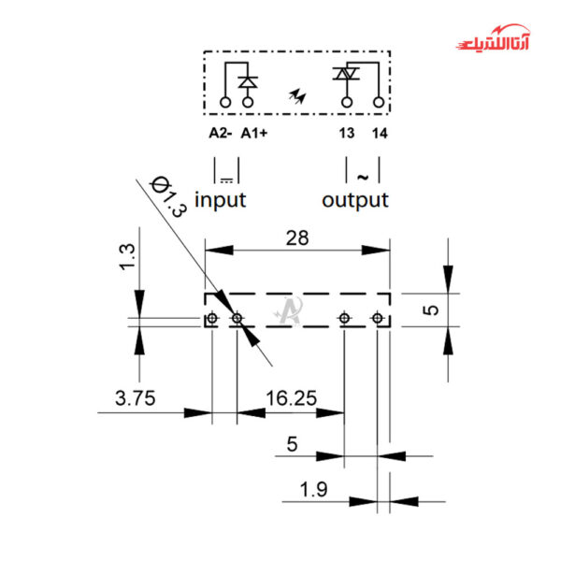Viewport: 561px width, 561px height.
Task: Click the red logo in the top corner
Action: click(x=493, y=38)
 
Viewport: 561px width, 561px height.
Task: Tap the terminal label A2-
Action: click(x=221, y=133)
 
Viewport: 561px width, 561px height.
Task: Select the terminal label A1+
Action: click(x=254, y=133)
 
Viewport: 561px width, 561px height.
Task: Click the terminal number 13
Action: click(x=347, y=133)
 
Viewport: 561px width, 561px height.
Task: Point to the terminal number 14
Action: click(x=380, y=134)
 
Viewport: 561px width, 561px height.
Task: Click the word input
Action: click(x=220, y=200)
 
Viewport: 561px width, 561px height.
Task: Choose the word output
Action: click(x=355, y=200)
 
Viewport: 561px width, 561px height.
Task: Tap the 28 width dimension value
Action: click(x=297, y=237)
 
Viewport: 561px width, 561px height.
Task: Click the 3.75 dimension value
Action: click(x=136, y=398)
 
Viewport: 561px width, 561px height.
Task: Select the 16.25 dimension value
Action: click(x=291, y=398)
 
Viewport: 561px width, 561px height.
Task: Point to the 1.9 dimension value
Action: click(x=313, y=489)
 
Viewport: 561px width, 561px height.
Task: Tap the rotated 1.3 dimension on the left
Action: click(x=127, y=256)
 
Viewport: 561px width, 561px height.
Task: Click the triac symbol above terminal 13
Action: click(x=346, y=74)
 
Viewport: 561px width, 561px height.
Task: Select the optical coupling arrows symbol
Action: click(x=297, y=96)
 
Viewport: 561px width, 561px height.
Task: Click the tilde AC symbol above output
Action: click(x=363, y=177)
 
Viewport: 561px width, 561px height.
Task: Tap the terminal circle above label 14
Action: click(x=379, y=102)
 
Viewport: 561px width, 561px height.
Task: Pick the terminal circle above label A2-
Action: click(x=225, y=102)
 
